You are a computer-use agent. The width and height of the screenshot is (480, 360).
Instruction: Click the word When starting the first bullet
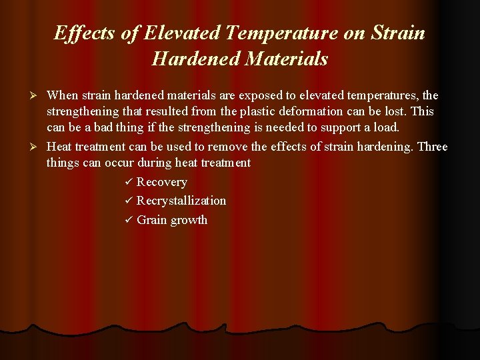pos(63,96)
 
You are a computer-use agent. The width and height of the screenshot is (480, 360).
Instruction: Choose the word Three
pos(432,147)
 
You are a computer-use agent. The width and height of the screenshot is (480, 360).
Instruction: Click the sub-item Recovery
pos(162,182)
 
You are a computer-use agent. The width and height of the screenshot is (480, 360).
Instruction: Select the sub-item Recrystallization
pos(181,201)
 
